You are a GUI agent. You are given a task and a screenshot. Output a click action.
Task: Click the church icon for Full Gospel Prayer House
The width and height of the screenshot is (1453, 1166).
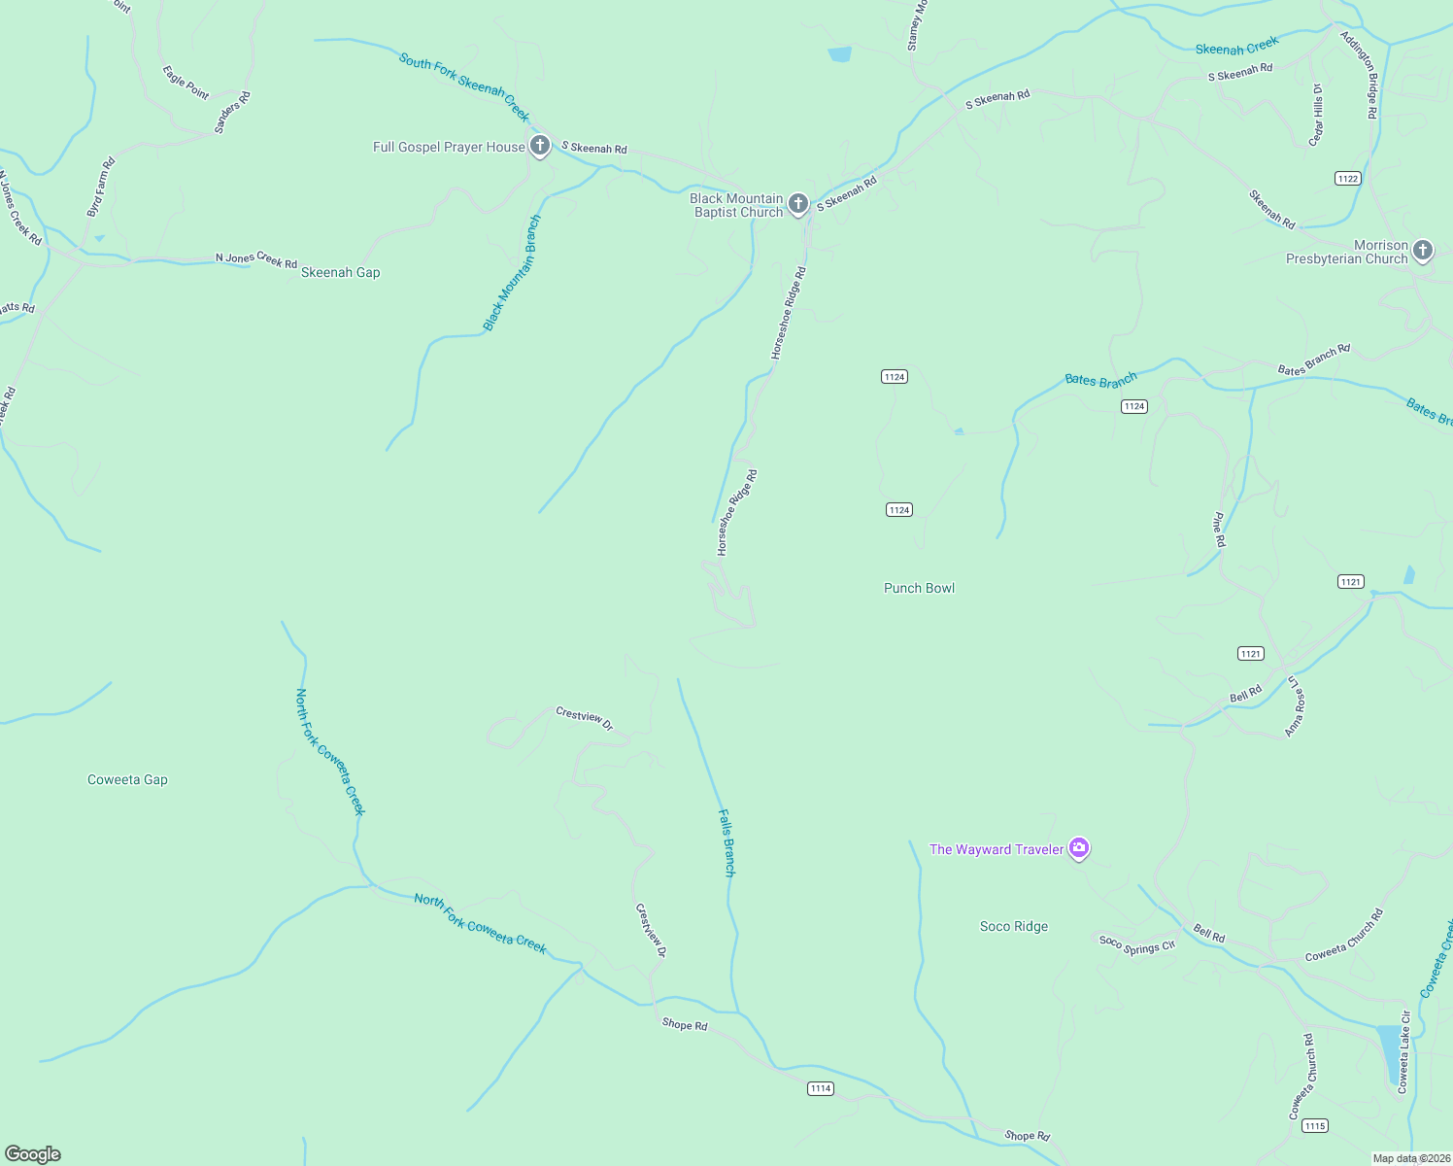540,146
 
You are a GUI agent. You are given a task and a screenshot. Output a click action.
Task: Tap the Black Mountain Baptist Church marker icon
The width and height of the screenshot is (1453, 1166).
797,203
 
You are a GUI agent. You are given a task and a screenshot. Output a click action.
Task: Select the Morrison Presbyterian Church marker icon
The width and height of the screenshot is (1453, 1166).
1422,251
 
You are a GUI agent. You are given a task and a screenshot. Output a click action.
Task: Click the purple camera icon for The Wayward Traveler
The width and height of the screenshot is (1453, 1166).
1078,848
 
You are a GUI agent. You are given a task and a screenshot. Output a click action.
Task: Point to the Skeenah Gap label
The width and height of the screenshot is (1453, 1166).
340,273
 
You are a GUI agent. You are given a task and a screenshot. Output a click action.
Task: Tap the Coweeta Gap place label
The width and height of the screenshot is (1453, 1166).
127,780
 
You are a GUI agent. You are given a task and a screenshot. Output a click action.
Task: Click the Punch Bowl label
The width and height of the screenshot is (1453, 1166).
919,589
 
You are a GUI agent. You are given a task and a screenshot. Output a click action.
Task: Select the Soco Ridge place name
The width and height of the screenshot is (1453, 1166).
1014,927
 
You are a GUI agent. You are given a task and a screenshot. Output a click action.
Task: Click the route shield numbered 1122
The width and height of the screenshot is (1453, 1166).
1347,179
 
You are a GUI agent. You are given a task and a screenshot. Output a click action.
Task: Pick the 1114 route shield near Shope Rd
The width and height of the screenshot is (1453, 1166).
821,1089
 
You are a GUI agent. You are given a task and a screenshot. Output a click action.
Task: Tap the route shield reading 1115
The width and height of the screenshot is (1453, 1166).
1314,1126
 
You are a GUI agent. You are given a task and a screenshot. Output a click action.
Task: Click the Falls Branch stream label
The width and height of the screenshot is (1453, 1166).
727,842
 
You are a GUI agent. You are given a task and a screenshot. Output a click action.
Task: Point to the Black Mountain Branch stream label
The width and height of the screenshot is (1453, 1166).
512,274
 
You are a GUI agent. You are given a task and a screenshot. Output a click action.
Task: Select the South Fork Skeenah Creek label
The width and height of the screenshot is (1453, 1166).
464,86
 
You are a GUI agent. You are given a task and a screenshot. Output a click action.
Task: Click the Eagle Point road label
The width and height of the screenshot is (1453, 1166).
186,83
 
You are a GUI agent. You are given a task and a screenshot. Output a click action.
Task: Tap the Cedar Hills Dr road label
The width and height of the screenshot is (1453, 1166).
1316,115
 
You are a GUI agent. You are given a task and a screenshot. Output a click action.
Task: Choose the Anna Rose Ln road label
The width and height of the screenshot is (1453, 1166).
1296,706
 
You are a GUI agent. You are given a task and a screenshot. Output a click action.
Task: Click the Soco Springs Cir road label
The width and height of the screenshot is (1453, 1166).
1136,944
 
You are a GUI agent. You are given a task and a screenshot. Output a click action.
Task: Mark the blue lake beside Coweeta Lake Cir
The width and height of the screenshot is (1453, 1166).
1391,1055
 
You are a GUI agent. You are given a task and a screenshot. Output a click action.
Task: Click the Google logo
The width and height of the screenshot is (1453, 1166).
33,1154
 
